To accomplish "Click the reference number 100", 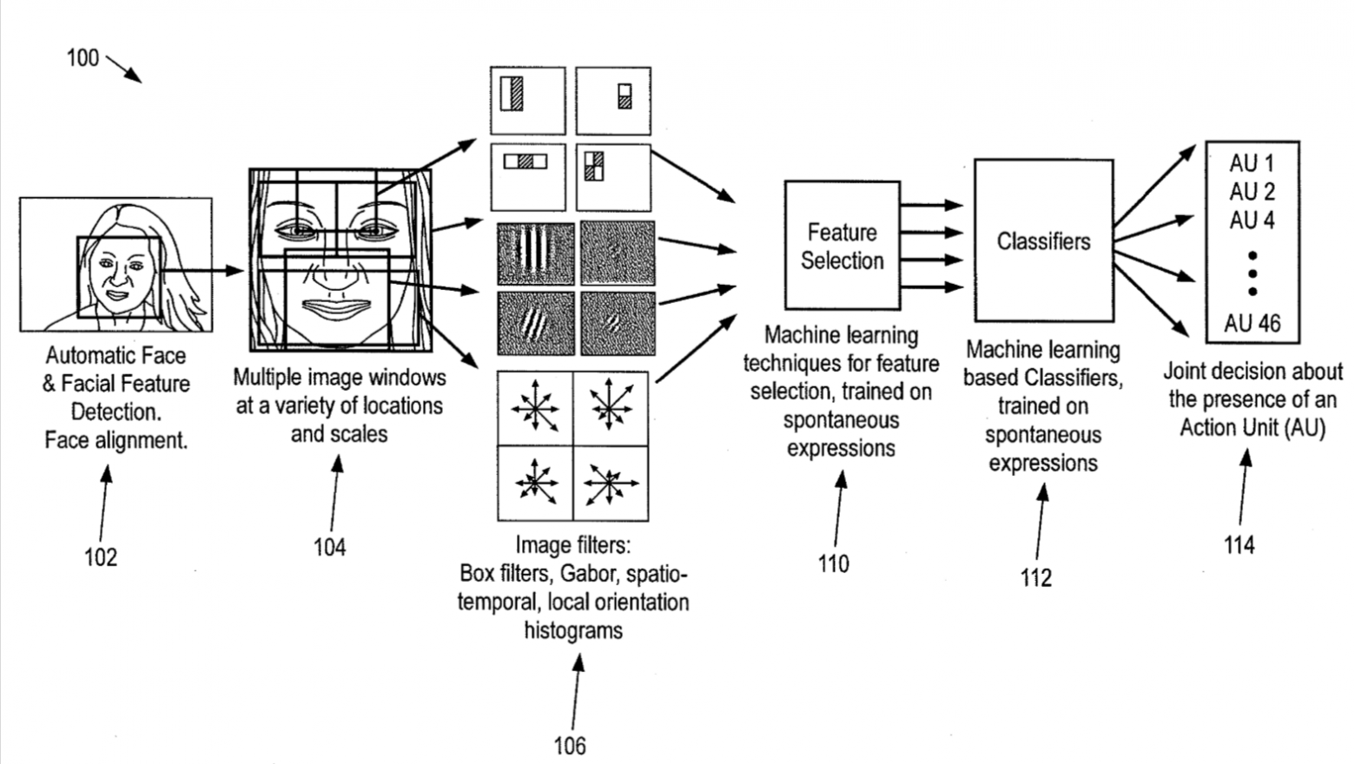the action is pyautogui.click(x=83, y=58).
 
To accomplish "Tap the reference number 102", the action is pyautogui.click(x=101, y=557).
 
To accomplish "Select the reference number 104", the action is pyautogui.click(x=330, y=547).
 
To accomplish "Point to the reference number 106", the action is pyautogui.click(x=570, y=746).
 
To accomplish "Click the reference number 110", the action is pyautogui.click(x=834, y=563).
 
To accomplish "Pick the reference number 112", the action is pyautogui.click(x=1036, y=578).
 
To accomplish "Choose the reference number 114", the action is pyautogui.click(x=1239, y=545).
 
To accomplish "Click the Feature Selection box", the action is pyautogui.click(x=842, y=246).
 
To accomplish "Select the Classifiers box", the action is pyautogui.click(x=1043, y=240).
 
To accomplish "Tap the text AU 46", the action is pyautogui.click(x=1253, y=324).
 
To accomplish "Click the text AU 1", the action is pyautogui.click(x=1252, y=163).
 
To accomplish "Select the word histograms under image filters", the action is pyautogui.click(x=573, y=630).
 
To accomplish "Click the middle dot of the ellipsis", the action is pyautogui.click(x=1253, y=273).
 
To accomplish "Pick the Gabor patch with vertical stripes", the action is pyautogui.click(x=535, y=254).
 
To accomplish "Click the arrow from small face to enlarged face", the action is pyautogui.click(x=202, y=270).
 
